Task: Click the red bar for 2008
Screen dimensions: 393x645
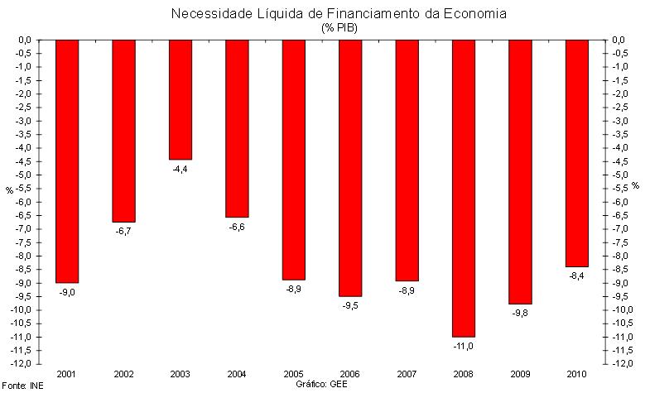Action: coord(464,188)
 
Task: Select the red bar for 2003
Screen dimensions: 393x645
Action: coord(180,99)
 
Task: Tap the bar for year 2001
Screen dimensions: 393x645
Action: coord(67,161)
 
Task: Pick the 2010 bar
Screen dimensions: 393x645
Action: coord(577,153)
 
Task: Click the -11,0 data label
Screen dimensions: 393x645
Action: coord(464,346)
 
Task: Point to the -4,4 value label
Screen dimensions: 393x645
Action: coord(181,168)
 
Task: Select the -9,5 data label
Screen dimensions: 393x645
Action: coord(350,305)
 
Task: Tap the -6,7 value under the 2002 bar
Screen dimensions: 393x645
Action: coord(124,231)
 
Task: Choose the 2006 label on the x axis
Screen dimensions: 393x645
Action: coord(350,374)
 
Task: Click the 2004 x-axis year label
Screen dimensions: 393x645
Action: coord(237,374)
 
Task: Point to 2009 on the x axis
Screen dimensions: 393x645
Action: coord(521,374)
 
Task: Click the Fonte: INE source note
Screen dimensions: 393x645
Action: coord(23,386)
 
